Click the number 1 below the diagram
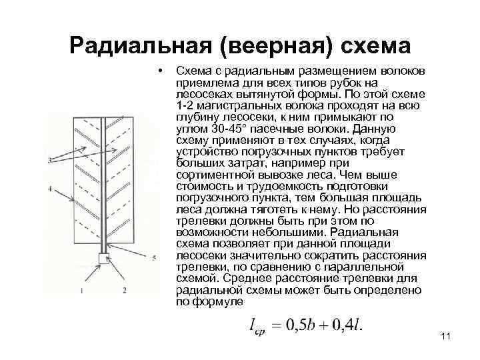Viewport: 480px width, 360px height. click(81, 291)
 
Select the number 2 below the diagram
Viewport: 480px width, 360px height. click(124, 291)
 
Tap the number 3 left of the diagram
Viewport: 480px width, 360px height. click(51, 158)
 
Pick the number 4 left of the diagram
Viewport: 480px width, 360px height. click(51, 189)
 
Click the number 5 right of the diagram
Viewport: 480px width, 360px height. click(154, 256)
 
